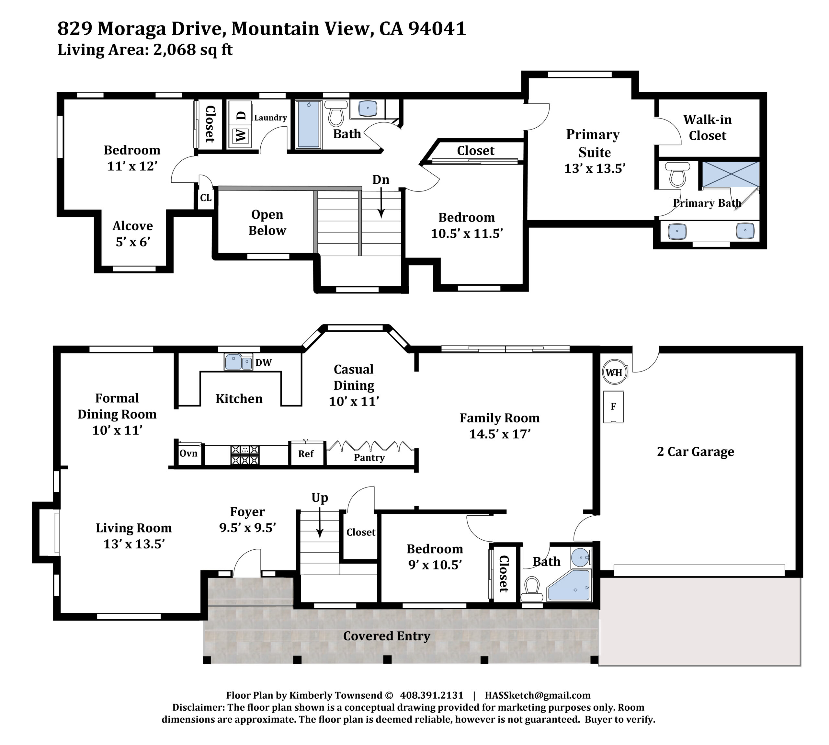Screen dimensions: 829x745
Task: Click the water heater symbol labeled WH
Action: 614,372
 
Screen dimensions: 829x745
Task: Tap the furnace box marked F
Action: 613,407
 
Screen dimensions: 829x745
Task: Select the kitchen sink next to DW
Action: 238,362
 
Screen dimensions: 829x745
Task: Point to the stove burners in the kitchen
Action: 245,455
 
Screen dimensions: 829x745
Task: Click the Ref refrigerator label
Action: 306,453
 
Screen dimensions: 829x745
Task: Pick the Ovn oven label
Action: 188,453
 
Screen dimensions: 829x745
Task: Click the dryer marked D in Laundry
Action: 242,115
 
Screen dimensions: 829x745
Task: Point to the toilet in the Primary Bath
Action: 677,174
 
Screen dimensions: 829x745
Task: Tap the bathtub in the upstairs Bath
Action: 308,124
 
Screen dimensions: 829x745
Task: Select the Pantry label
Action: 369,458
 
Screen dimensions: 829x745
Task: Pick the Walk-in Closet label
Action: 708,127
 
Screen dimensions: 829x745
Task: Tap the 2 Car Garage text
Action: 695,452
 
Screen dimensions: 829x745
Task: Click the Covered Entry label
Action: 387,636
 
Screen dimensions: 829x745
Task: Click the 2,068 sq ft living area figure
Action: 193,50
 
